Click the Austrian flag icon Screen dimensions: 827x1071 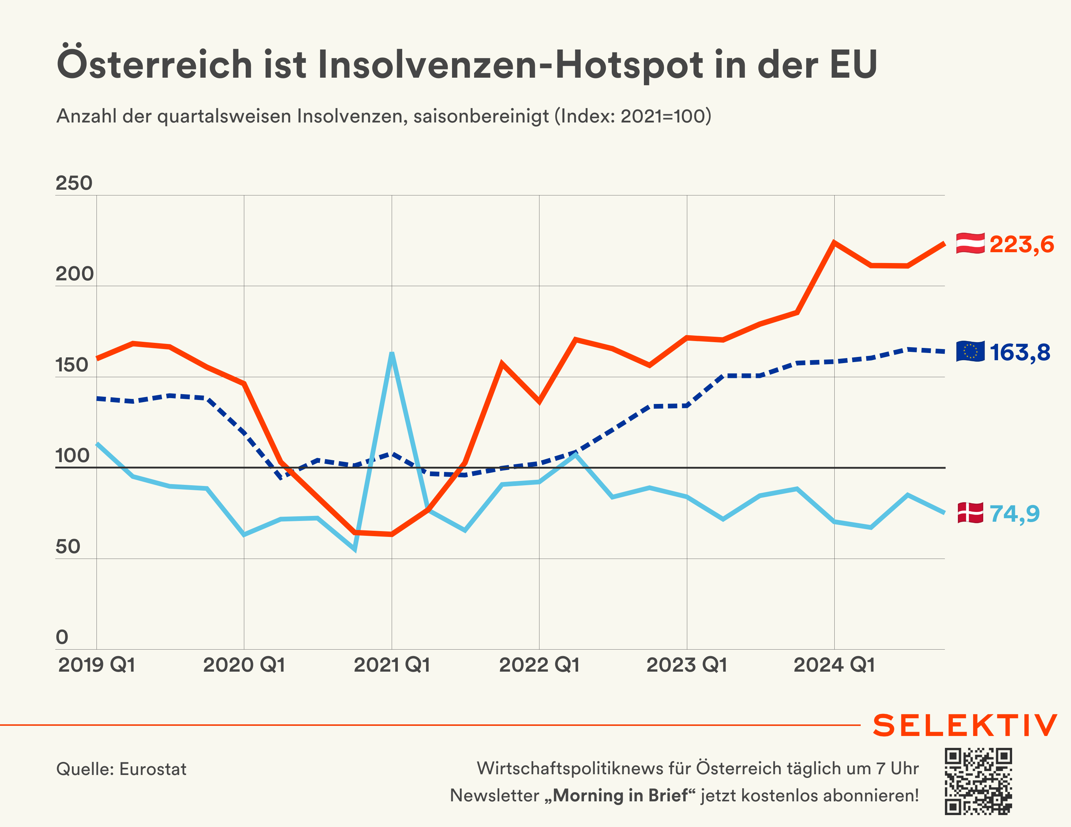pos(970,244)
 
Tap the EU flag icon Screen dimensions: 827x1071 pos(970,351)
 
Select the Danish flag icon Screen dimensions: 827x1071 pos(970,513)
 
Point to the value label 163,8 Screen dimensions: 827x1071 pos(1020,352)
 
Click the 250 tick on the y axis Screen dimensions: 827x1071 pos(74,183)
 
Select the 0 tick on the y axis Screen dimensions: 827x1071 pos(62,637)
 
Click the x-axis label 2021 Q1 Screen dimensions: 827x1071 pos(392,665)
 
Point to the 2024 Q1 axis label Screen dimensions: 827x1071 pos(834,665)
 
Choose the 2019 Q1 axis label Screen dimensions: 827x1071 pos(96,665)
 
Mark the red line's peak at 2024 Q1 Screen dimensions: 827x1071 pos(834,242)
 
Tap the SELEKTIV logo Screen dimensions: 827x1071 pos(964,725)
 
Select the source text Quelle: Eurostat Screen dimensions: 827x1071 pos(121,769)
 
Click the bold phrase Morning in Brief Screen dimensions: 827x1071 pos(620,795)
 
